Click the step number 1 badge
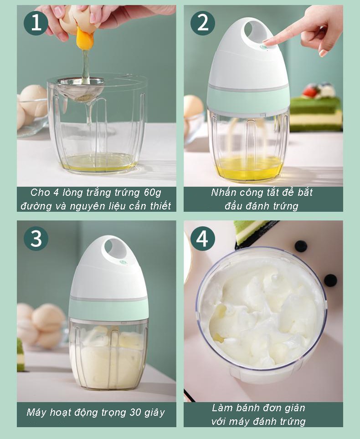pos(36,23)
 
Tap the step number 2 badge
pos(202,23)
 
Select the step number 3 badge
pos(36,239)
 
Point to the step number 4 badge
pos(202,239)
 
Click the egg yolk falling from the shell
pos(84,39)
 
